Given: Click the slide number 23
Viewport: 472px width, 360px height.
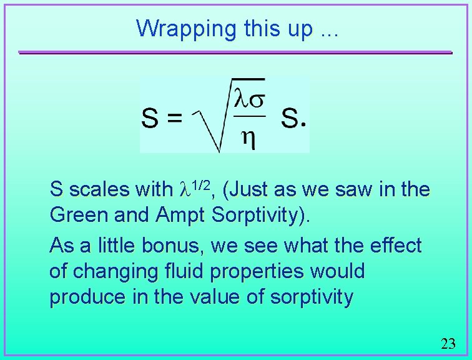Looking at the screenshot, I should click(x=448, y=343).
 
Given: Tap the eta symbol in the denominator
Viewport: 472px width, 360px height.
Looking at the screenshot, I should click(x=248, y=139).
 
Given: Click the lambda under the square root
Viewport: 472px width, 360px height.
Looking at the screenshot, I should click(x=240, y=99).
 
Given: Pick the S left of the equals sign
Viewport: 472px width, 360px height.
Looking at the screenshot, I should click(x=150, y=117).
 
